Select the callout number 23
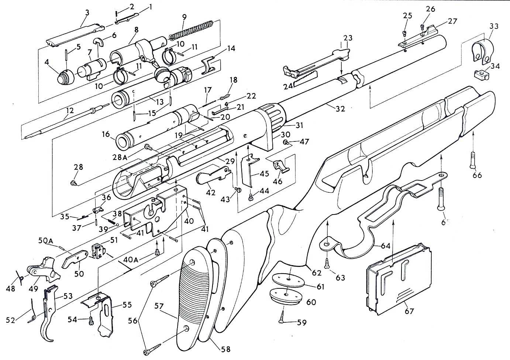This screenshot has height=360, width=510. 348,38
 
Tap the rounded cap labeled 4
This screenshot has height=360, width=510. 65,76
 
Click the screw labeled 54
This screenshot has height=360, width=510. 91,320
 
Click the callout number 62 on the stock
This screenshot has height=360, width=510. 317,273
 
